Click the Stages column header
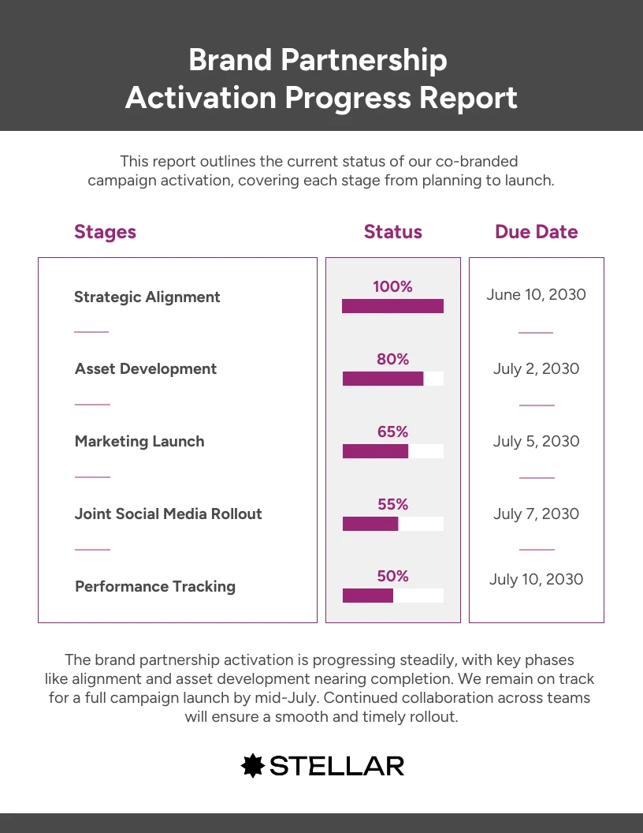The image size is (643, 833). tap(105, 232)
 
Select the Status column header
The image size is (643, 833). tap(392, 232)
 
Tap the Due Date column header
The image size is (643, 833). tap(536, 232)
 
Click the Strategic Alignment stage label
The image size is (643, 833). tap(147, 297)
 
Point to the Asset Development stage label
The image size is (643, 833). tap(146, 369)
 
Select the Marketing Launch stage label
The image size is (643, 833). tap(139, 442)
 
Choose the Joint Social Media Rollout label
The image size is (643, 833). tap(168, 514)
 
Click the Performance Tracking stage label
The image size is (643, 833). tap(154, 587)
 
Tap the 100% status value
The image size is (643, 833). tap(392, 287)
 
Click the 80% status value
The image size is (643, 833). tap(392, 360)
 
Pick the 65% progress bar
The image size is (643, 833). tap(392, 451)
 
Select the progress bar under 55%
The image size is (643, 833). tap(392, 524)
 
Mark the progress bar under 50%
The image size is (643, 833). tap(392, 596)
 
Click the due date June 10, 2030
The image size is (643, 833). tap(536, 295)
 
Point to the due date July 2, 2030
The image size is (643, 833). tap(536, 369)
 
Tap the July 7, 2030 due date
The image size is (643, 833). tap(536, 514)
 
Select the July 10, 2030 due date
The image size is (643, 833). tap(536, 580)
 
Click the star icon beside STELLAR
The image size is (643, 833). tap(251, 765)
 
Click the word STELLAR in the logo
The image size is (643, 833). tap(336, 765)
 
